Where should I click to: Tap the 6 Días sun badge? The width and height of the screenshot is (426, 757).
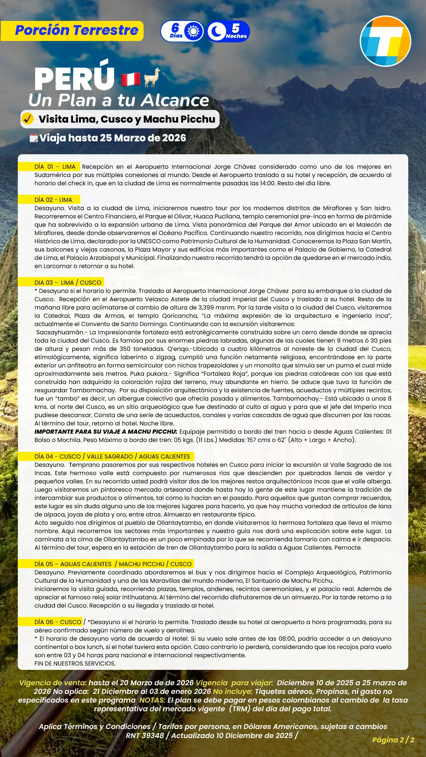[x=182, y=32]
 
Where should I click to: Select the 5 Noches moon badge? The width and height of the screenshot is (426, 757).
[x=228, y=32]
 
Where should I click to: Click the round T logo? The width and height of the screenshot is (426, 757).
[x=385, y=41]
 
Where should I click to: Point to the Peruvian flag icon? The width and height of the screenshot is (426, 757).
[x=131, y=79]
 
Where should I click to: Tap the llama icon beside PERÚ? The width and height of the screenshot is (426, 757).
[x=152, y=77]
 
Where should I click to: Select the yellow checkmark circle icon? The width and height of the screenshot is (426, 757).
[x=28, y=119]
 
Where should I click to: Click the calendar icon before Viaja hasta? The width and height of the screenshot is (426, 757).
[x=34, y=138]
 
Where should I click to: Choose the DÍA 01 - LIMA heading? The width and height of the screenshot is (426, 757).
[x=55, y=167]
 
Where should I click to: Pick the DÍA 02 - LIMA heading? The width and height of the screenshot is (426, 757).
[x=53, y=200]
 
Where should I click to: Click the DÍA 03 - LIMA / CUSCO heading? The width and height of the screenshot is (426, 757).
[x=68, y=283]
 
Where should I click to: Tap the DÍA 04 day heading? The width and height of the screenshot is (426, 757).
[x=112, y=457]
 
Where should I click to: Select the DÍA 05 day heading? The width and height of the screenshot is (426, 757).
[x=113, y=564]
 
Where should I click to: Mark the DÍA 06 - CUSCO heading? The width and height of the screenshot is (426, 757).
[x=58, y=622]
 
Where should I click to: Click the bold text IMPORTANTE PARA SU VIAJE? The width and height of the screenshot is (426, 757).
[x=106, y=432]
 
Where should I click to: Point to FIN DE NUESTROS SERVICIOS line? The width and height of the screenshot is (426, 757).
[x=75, y=664]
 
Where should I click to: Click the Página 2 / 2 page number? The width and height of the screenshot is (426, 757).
[x=393, y=740]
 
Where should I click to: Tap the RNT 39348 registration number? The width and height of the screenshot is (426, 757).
[x=145, y=735]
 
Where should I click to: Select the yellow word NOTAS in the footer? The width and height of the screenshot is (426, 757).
[x=152, y=700]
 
